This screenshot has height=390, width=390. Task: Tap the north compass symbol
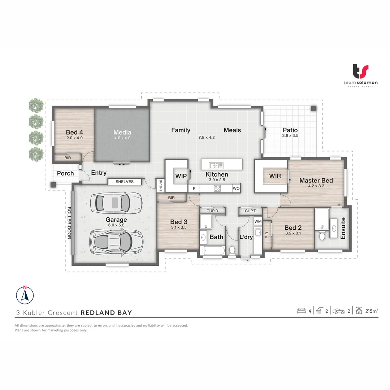tap(25, 294)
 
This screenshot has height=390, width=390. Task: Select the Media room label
tap(122, 132)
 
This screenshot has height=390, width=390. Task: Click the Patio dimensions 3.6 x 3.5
tap(290, 136)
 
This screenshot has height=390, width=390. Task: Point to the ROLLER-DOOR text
tap(69, 223)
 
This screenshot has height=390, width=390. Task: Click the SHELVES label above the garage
tap(125, 182)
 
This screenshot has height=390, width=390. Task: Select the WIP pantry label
tap(181, 176)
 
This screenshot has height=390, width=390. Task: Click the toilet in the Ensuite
tap(322, 235)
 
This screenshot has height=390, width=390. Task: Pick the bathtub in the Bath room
tap(213, 251)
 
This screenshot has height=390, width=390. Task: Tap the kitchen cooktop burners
tap(217, 188)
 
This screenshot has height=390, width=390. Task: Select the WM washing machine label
tap(258, 221)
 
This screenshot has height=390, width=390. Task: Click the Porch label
tap(65, 173)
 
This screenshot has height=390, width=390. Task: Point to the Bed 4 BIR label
tap(68, 158)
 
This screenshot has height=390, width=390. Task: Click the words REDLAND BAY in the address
tap(106, 313)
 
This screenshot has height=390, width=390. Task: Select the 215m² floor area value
tap(372, 311)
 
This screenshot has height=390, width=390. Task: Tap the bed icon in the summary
tap(301, 311)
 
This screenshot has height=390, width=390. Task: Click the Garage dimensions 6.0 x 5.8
tap(116, 225)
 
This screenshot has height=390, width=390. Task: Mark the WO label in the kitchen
tap(236, 188)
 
